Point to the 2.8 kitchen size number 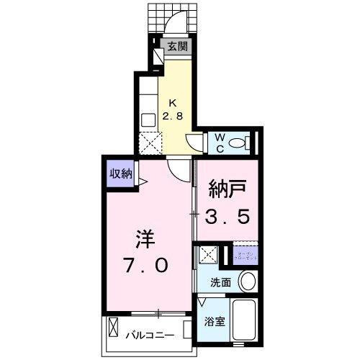click(x=172, y=115)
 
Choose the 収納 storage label click(x=121, y=173)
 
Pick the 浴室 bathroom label click(x=216, y=322)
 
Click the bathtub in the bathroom click(x=247, y=320)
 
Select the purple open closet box click(x=245, y=255)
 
